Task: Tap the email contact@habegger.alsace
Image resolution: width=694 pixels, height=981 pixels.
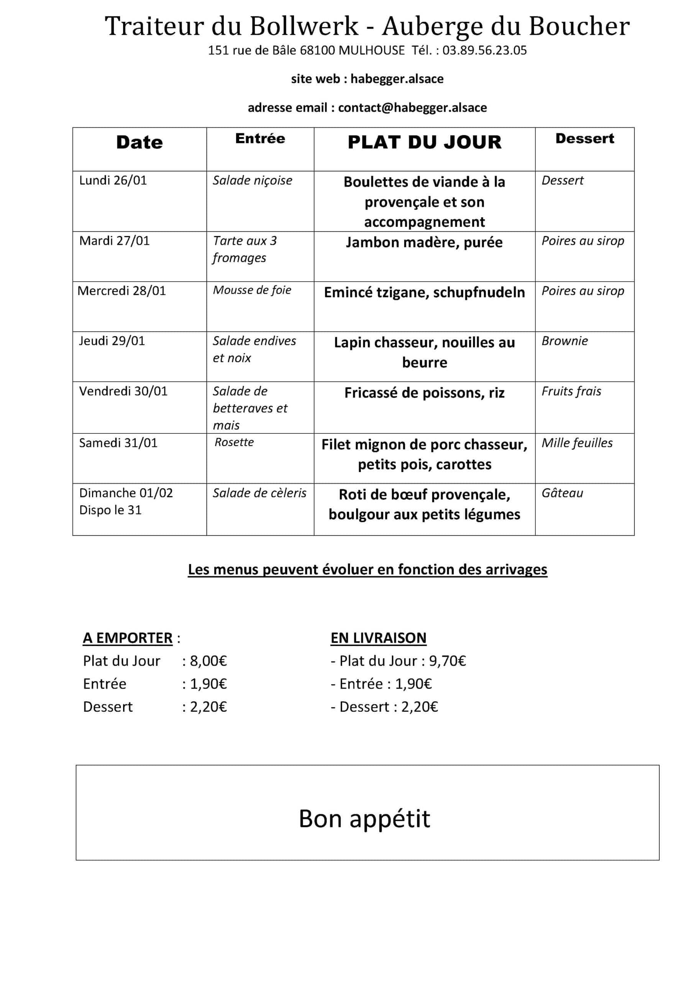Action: click(x=412, y=108)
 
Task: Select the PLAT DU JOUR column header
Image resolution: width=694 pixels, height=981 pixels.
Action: click(x=424, y=142)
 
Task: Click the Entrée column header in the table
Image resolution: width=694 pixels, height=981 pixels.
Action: click(x=260, y=138)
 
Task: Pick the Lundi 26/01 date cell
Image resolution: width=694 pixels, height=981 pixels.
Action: click(x=113, y=180)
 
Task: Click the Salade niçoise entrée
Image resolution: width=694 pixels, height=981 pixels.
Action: click(x=252, y=180)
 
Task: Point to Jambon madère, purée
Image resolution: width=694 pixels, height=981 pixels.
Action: click(x=424, y=242)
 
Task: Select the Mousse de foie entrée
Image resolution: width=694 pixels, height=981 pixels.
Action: click(x=252, y=290)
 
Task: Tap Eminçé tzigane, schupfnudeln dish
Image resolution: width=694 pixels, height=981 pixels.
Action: click(x=424, y=292)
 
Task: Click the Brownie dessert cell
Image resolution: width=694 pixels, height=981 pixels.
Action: click(x=564, y=341)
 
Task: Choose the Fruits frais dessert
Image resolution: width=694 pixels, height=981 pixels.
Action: click(x=571, y=391)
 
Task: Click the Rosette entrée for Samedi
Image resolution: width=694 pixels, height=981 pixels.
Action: click(x=234, y=442)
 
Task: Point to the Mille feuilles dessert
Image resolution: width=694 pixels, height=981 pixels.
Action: click(x=577, y=443)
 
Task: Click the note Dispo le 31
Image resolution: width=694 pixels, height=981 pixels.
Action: click(x=110, y=510)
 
